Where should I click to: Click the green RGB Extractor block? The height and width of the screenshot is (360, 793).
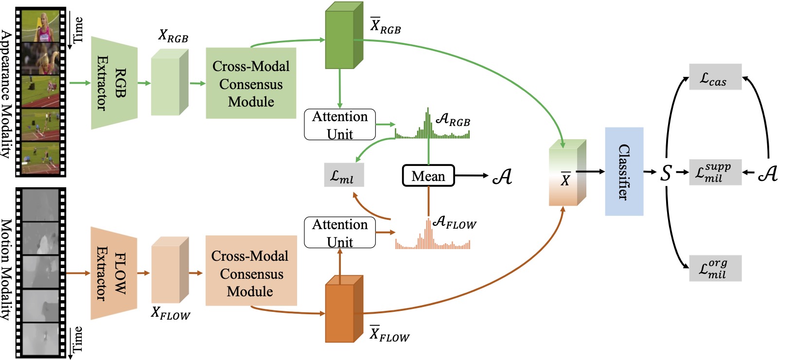coord(114,83)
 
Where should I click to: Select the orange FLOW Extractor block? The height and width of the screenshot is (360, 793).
coord(114,273)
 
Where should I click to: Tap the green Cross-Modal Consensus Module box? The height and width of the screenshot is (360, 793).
coord(251,83)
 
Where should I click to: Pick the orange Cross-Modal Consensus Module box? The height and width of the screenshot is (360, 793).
coord(251,270)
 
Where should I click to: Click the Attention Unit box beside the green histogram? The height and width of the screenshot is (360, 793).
coord(340,125)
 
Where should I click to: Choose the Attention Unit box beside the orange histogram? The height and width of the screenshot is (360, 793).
coord(340,233)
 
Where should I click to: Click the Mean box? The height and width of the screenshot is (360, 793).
coord(428,176)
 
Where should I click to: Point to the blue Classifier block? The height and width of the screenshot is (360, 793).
coord(624,172)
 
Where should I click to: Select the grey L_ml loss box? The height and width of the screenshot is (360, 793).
coord(344,175)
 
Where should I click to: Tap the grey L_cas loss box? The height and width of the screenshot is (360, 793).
coord(716,77)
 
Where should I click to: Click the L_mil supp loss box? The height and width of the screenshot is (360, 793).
coord(716,172)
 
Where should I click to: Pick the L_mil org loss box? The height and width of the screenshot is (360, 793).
coord(716,268)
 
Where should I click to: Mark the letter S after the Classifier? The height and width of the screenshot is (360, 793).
coord(666,173)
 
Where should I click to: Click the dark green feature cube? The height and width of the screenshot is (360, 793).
coord(344,35)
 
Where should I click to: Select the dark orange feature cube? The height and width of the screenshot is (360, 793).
coord(344,308)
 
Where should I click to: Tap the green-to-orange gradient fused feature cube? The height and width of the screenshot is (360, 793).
coord(567,173)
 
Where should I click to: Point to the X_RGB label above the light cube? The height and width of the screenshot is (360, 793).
coord(173,36)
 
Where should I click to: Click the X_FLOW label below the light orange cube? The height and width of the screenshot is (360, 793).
coord(171,313)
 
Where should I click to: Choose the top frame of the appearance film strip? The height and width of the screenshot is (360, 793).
coord(41,25)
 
